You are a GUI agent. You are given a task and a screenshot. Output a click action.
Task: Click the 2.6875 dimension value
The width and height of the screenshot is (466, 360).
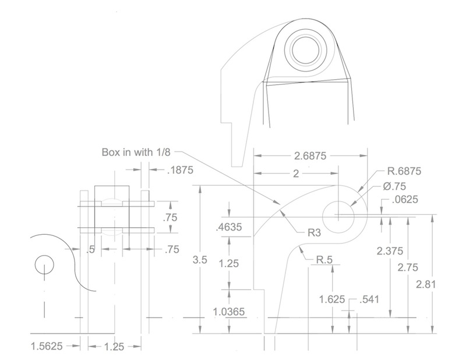click(310, 156)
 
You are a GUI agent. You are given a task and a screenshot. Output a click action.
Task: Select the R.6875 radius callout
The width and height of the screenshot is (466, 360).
click(404, 171)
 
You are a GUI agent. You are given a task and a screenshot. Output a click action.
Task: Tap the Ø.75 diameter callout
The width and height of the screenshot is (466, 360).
click(394, 186)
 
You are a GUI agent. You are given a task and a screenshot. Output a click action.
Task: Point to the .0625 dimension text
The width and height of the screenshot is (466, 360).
click(405, 199)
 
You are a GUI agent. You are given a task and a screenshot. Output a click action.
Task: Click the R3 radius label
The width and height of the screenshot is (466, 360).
click(315, 233)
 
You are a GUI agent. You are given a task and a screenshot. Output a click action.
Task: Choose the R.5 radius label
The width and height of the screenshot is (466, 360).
click(324, 260)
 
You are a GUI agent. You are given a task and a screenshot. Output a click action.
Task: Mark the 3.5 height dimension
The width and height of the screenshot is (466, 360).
click(199, 260)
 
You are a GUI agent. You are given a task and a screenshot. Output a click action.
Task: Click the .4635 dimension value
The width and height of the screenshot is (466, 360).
click(229, 227)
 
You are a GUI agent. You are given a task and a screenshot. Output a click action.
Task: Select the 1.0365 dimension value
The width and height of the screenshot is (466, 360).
click(229, 312)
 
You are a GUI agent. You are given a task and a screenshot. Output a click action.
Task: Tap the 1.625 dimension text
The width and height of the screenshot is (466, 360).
click(332, 299)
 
